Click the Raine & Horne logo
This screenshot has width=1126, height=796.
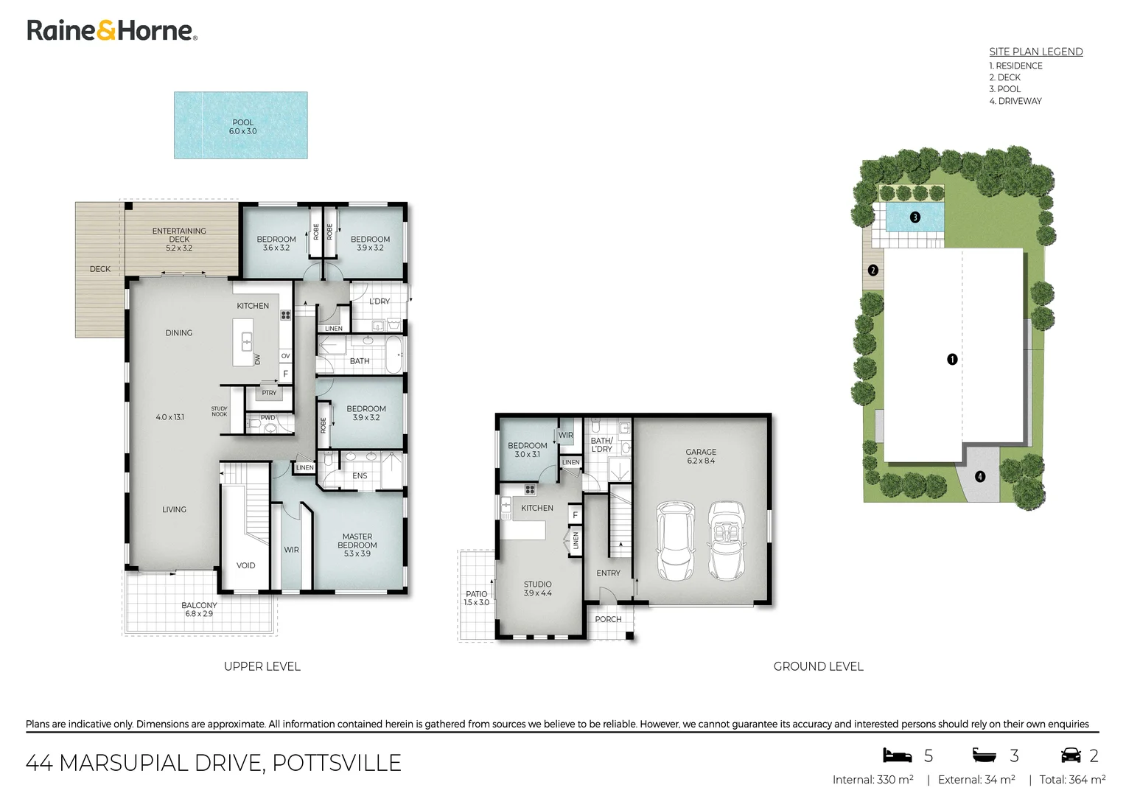click(112, 30)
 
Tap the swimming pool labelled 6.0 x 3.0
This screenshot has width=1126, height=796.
click(240, 125)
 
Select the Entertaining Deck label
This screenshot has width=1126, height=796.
click(179, 239)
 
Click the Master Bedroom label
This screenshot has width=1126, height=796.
click(357, 545)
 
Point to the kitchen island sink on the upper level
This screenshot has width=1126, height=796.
click(247, 341)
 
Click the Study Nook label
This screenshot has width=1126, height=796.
click(220, 411)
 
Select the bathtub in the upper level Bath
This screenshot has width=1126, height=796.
click(395, 356)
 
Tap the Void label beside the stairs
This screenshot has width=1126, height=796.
click(245, 565)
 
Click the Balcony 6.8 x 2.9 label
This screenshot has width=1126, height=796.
click(199, 609)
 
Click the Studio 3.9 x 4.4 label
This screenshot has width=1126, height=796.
click(537, 588)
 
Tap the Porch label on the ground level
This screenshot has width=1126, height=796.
click(608, 619)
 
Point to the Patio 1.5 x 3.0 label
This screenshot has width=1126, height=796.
click(476, 598)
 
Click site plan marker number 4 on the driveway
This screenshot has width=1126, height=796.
click(979, 476)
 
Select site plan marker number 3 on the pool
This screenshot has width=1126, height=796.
click(915, 217)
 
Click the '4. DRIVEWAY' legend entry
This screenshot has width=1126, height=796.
click(1015, 101)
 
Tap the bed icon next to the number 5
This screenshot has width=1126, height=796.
click(897, 755)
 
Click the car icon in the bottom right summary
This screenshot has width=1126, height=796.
click(1070, 755)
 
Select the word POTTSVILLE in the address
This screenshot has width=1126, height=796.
click(337, 762)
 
